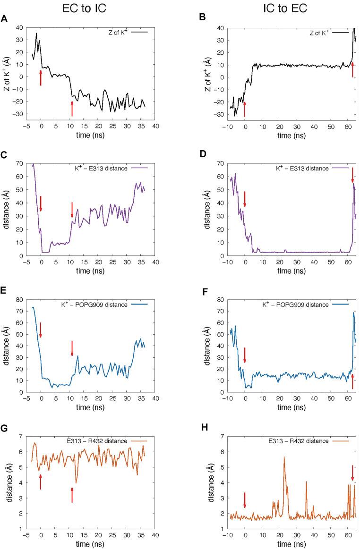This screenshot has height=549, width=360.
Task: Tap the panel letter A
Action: pyautogui.click(x=4, y=19)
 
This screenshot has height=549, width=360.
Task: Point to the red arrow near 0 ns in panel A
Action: pyautogui.click(x=41, y=78)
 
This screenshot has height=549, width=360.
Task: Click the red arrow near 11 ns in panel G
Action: pyautogui.click(x=72, y=495)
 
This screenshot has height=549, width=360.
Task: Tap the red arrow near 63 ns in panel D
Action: pyautogui.click(x=352, y=175)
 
